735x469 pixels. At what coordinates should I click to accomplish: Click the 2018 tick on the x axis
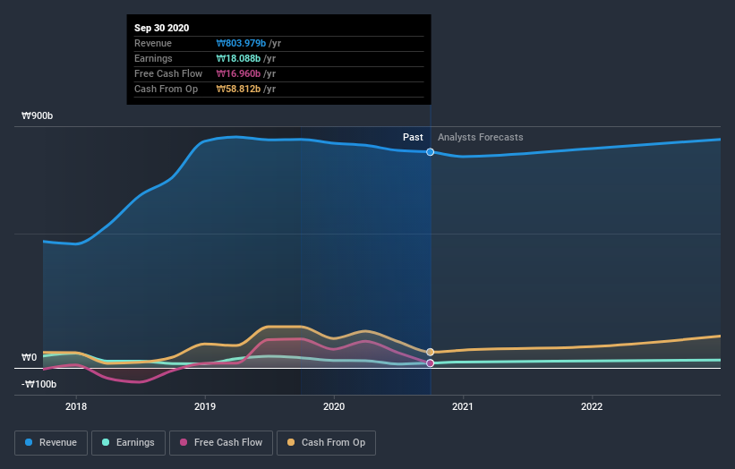[76, 405]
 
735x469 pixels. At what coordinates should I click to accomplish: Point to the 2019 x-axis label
[205, 405]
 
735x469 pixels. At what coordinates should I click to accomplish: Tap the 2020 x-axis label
[334, 405]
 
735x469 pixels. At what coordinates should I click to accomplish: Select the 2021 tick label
[463, 405]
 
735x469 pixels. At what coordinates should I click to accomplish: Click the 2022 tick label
[592, 405]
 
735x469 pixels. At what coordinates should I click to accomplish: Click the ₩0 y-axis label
[29, 357]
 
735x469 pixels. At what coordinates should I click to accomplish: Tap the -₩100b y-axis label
[39, 384]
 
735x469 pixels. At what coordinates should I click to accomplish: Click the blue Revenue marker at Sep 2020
[431, 152]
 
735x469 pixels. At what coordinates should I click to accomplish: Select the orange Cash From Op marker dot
[431, 353]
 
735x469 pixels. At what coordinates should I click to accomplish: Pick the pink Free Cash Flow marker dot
[431, 363]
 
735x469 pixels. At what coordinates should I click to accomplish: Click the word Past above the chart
[413, 137]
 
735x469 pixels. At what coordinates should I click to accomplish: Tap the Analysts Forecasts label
[480, 137]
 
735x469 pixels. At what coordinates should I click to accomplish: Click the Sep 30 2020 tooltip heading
[163, 28]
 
